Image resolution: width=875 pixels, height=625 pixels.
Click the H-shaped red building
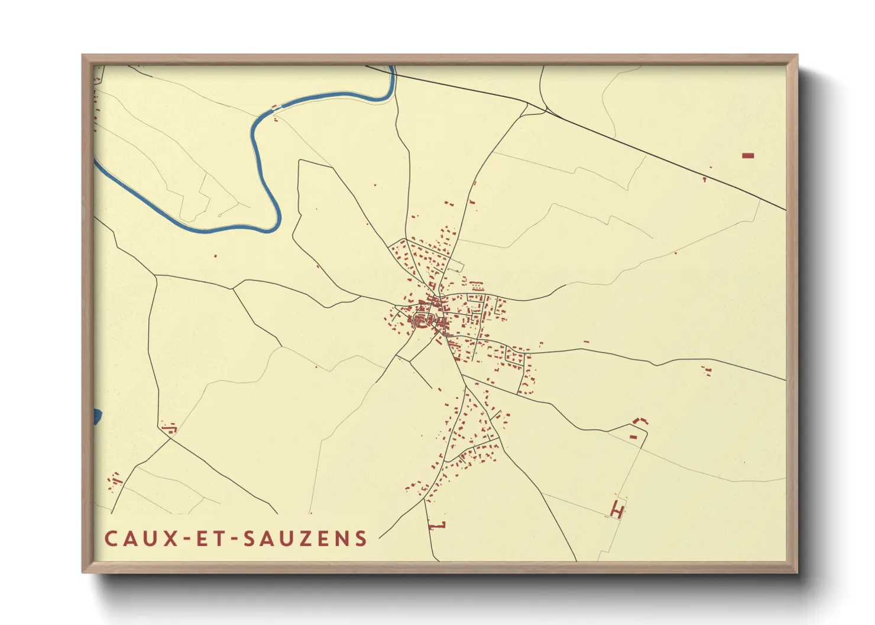617,509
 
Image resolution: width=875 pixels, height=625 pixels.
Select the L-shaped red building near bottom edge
439,525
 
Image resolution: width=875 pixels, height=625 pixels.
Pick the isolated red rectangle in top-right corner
748,155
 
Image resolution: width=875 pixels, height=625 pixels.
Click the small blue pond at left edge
97,416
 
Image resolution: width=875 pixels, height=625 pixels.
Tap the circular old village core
422,321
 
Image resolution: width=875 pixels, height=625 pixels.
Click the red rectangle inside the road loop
633,437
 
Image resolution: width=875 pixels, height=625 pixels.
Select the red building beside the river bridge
274,108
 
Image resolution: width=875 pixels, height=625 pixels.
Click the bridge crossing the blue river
281,106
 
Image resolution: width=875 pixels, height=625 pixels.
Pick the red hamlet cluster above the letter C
114,481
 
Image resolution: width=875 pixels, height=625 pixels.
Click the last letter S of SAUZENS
361,538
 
